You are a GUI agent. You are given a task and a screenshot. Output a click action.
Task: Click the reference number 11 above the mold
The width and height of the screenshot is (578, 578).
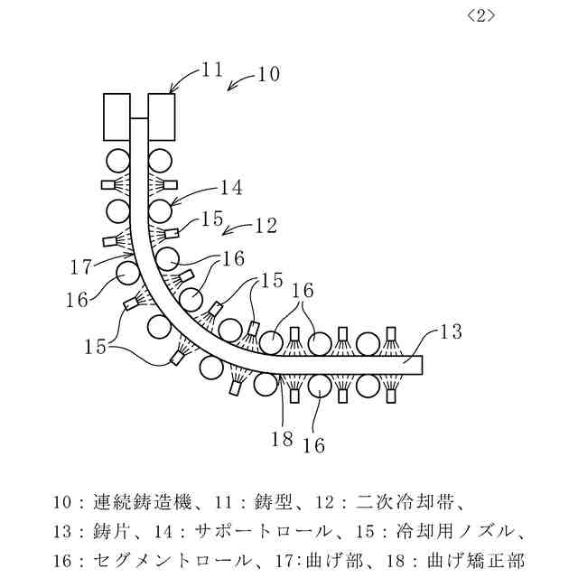click(x=211, y=69)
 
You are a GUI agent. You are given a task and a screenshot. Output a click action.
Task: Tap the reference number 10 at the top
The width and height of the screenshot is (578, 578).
click(x=269, y=73)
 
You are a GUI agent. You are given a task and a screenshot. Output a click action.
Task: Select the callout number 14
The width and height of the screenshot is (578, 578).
click(x=230, y=188)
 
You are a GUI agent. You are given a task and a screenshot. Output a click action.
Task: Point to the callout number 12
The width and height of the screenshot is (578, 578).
click(x=265, y=226)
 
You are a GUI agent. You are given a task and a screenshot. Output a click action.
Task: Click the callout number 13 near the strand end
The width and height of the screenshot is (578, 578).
click(x=452, y=332)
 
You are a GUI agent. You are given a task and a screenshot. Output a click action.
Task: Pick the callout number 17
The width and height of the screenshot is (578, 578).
click(x=81, y=266)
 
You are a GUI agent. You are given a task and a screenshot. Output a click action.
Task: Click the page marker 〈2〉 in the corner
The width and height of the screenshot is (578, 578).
click(x=483, y=15)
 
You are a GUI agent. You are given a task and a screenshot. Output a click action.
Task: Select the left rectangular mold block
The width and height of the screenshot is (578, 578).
click(x=117, y=117)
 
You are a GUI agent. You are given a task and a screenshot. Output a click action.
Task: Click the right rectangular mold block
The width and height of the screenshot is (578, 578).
click(x=161, y=117)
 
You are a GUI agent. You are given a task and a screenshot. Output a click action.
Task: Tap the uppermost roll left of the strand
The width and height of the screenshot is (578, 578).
click(x=117, y=161)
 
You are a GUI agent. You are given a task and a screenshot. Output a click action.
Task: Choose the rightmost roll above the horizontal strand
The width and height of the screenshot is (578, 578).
click(x=368, y=344)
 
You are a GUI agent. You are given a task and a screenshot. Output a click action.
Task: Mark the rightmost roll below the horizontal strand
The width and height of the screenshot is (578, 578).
click(x=368, y=387)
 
